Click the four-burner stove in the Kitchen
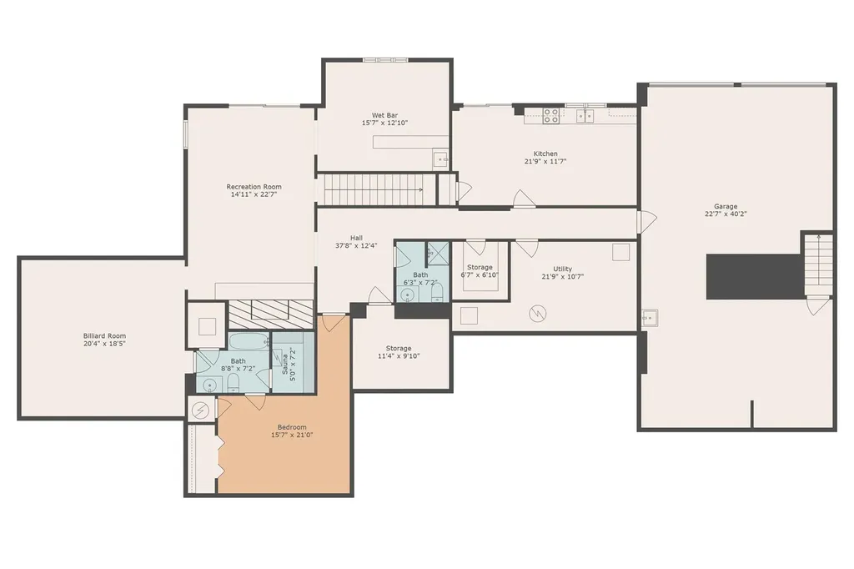pos(550,116)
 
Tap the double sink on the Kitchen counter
pos(585,115)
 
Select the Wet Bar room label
pos(384,115)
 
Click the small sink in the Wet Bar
pos(440,159)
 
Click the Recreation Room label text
pos(254,187)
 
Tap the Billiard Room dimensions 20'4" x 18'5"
pos(104,344)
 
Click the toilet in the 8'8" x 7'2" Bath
pos(234,383)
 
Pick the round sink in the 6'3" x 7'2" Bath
pos(407,295)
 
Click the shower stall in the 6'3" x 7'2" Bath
pos(438,253)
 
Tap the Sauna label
pos(285,364)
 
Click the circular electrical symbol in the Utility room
pos(538,314)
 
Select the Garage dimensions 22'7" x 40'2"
pos(726,214)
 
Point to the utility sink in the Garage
pos(649,318)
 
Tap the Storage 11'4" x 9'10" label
pos(399,352)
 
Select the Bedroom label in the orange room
pos(292,427)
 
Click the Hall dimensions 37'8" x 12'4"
pos(356,246)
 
